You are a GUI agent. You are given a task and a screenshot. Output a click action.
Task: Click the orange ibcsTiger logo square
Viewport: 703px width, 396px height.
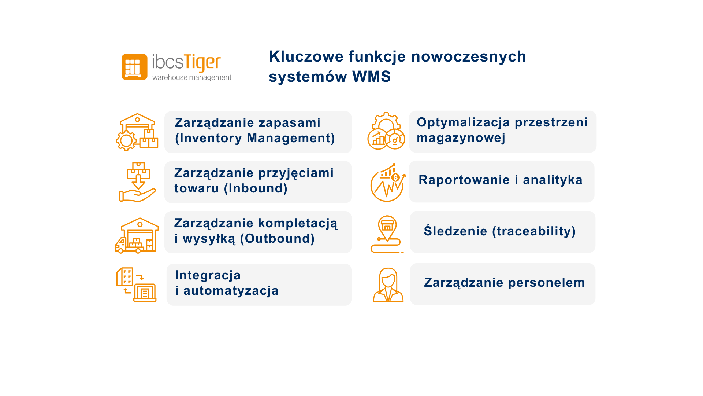[134, 67]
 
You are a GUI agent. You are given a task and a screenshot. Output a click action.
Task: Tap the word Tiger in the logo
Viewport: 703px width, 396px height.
[202, 63]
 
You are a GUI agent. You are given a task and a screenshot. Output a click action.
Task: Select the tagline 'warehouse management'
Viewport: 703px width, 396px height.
[192, 77]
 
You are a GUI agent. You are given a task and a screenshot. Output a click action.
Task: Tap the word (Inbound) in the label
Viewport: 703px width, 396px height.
[256, 188]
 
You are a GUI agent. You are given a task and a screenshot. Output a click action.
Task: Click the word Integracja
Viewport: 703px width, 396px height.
[208, 275]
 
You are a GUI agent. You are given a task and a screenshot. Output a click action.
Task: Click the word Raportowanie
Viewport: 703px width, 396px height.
[464, 180]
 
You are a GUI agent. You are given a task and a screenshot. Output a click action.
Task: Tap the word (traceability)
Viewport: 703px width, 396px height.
[534, 231]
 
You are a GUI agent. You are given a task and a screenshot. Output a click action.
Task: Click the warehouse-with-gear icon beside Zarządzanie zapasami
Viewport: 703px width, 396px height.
[137, 132]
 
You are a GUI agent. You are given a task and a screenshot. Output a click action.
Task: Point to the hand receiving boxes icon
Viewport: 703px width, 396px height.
[138, 182]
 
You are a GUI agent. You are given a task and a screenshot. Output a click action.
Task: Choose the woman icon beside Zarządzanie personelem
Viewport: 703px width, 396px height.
[388, 285]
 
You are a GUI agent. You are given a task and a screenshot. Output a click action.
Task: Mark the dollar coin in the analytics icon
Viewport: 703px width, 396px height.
[395, 178]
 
